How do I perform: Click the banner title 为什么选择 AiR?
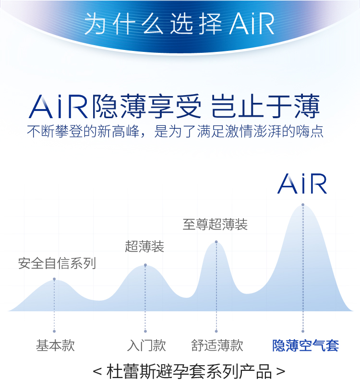(x=179, y=24)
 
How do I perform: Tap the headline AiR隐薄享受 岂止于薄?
(x=174, y=106)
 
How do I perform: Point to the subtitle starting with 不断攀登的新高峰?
(x=175, y=131)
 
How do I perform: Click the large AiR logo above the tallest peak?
(x=302, y=184)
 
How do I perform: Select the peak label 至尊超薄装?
(x=215, y=224)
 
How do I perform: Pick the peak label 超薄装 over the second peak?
(x=144, y=246)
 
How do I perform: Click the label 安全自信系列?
(x=57, y=263)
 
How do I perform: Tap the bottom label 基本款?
(x=55, y=345)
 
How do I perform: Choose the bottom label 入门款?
(x=146, y=345)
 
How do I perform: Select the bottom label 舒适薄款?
(x=217, y=345)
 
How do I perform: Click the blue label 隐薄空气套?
(x=305, y=345)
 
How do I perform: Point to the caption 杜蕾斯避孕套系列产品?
(x=189, y=372)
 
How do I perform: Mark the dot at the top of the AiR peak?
(x=303, y=205)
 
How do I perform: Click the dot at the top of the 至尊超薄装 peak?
(x=216, y=242)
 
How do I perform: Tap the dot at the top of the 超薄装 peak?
(x=145, y=265)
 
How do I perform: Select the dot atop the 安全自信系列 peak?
(x=54, y=279)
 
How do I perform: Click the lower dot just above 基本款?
(x=54, y=331)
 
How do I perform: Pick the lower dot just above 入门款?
(x=145, y=331)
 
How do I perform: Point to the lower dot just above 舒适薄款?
(x=216, y=331)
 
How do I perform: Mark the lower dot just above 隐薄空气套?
(x=303, y=331)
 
